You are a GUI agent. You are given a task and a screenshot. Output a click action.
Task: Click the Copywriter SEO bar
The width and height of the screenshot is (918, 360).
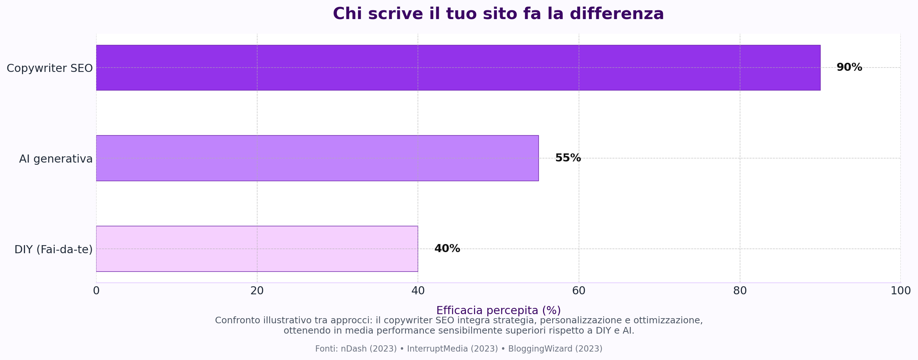point(458,68)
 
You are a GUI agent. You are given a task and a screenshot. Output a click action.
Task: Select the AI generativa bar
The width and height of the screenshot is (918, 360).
point(317,158)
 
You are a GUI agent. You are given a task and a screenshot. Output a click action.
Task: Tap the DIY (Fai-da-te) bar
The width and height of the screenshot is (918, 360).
point(257,249)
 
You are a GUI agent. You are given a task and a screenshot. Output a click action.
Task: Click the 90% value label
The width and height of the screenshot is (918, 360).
point(849,68)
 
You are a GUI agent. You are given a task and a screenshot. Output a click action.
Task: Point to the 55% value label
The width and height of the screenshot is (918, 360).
point(568,158)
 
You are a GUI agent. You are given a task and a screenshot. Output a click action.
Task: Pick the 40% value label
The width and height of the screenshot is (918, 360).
point(447,249)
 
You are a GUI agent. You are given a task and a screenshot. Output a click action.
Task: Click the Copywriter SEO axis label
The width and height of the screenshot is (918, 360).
point(50,68)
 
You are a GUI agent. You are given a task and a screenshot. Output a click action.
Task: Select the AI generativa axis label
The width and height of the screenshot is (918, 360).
point(56,159)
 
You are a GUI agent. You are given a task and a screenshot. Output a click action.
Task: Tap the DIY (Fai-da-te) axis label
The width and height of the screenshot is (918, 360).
point(53,250)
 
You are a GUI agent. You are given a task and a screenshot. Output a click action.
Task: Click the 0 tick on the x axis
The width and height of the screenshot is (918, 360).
point(96,291)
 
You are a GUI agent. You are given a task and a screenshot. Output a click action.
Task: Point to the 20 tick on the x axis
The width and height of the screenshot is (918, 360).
point(257,291)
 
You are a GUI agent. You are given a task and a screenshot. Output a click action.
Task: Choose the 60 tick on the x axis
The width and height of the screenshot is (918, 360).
point(579,291)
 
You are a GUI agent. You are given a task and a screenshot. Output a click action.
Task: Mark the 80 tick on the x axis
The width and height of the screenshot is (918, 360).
point(740,291)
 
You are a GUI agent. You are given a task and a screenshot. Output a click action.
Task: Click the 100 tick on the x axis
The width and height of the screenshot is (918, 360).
point(900,291)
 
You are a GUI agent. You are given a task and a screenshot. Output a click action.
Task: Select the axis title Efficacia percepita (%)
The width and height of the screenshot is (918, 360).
point(498,310)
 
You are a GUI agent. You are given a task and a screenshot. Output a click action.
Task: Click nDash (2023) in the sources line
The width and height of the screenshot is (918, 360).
point(368,349)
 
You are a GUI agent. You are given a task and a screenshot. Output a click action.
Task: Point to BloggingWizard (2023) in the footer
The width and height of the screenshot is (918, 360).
point(555,349)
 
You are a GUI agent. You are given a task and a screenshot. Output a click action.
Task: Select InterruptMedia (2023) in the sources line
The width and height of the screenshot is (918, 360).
point(452,349)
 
